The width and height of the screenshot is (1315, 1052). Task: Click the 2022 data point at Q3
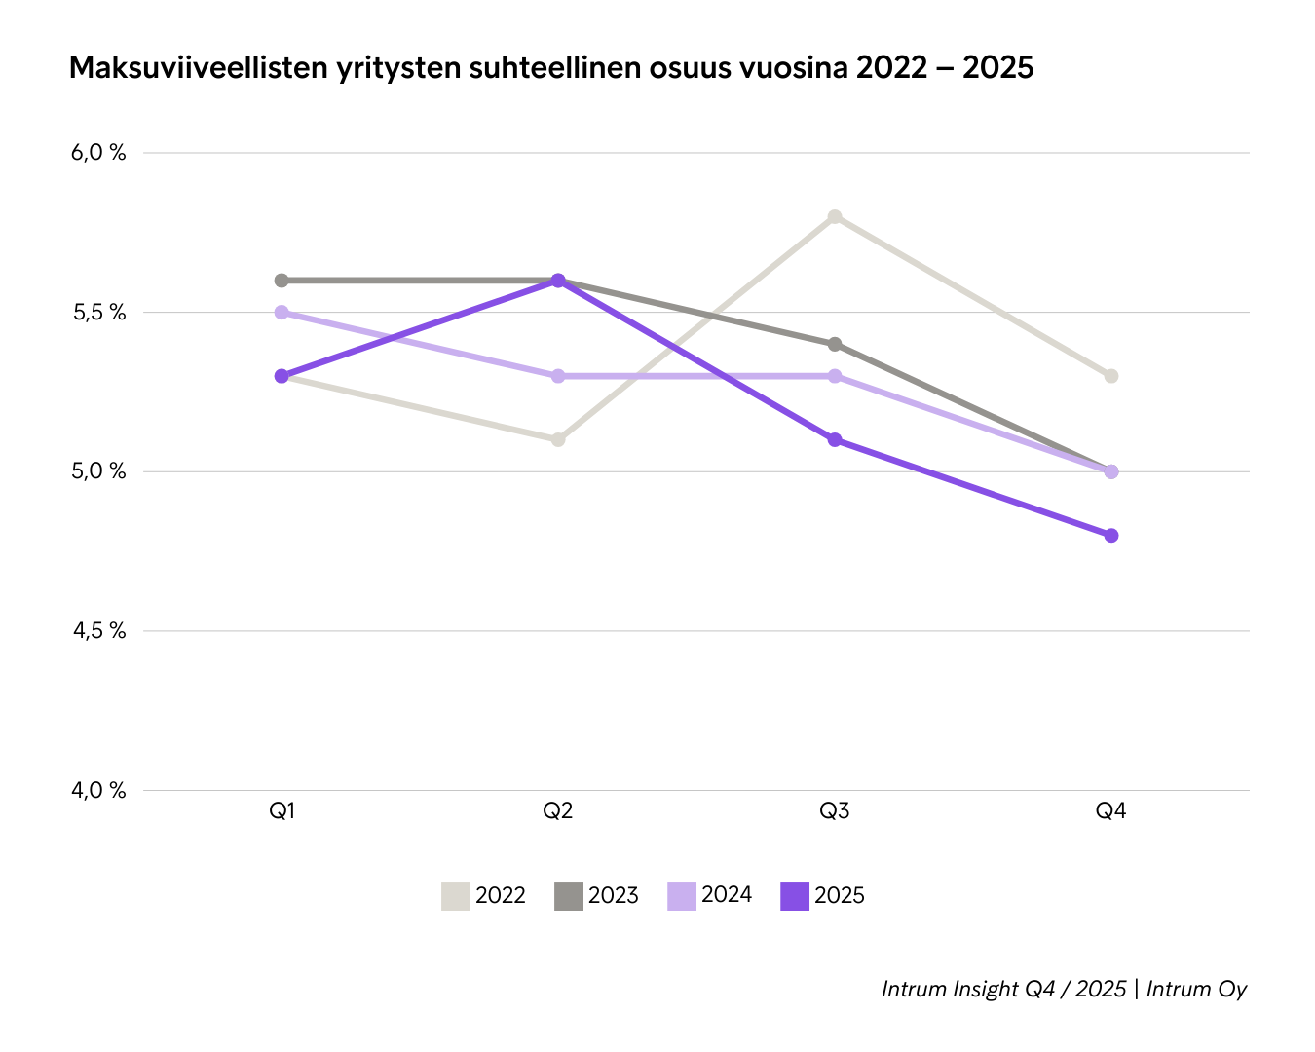point(835,216)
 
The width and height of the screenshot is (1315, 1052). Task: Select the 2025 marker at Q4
point(1111,535)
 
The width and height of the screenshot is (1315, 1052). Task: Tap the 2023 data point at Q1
point(282,281)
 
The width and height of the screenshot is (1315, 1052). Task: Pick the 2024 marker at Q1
point(282,313)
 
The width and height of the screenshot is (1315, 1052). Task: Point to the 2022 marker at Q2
point(558,439)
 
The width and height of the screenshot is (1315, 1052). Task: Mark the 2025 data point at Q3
point(835,439)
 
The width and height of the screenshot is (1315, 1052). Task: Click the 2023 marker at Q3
point(835,344)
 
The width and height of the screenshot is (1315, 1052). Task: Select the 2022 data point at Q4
point(1111,376)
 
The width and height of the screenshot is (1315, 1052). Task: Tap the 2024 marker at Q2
point(558,376)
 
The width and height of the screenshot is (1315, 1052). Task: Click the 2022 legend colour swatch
point(455,896)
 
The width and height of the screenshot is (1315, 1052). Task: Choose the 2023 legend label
point(614,896)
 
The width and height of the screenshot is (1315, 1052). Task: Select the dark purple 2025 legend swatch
point(795,896)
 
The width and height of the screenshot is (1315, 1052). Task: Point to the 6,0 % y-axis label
point(98,153)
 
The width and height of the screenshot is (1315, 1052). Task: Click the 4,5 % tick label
point(98,631)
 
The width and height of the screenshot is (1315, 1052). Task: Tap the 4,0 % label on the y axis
point(98,790)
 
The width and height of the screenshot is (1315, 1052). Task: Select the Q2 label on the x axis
point(558,811)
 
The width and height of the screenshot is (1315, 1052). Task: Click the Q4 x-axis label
point(1111,811)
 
